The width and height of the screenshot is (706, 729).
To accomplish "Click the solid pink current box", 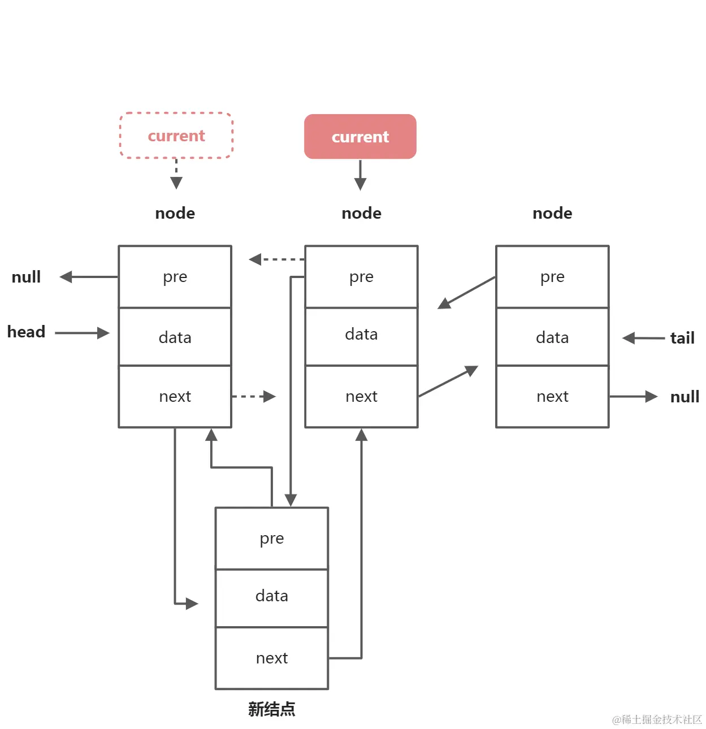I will [360, 137].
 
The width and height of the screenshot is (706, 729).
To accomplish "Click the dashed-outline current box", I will [176, 136].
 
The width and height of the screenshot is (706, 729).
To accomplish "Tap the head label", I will [26, 332].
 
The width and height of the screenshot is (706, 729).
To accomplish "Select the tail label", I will [682, 338].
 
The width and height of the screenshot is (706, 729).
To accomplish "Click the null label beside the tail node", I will [685, 397].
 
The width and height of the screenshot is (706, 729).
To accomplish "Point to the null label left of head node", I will [26, 277].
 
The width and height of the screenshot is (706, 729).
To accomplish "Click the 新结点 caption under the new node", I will [271, 709].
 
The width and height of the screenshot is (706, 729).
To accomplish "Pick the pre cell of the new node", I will [272, 539].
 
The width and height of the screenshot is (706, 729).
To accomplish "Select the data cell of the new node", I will [272, 596].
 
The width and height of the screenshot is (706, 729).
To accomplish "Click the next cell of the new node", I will [272, 658].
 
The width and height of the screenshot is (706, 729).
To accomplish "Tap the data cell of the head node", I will [175, 337].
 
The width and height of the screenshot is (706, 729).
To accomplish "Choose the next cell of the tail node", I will [552, 397].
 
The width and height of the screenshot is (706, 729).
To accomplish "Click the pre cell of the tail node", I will [552, 277].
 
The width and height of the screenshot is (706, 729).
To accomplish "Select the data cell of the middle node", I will [361, 335].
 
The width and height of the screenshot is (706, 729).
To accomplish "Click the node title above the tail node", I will [552, 213].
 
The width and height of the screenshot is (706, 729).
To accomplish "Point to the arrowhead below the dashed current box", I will [176, 183].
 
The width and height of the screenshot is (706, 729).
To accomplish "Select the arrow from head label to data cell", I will [82, 333].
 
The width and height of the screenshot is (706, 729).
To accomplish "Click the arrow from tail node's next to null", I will [633, 397].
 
